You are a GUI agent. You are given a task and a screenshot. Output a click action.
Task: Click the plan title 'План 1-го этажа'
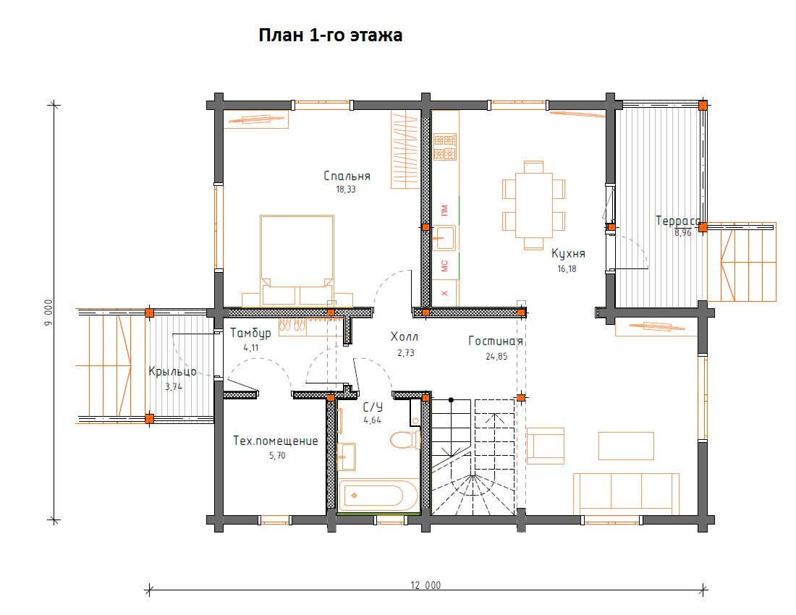click(331, 35)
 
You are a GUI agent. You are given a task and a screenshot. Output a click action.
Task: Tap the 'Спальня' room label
click(347, 176)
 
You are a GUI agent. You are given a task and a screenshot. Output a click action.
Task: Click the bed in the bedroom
click(297, 260)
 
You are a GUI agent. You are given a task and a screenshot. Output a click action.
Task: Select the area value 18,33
click(346, 190)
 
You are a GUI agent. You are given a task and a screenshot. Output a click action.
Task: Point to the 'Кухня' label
click(568, 254)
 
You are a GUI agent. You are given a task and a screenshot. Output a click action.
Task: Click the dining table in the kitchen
click(533, 205)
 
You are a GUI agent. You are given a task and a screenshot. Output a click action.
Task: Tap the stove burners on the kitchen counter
click(445, 147)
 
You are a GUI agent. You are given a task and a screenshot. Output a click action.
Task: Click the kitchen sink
click(444, 238)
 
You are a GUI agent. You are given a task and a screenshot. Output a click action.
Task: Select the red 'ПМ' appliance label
click(444, 210)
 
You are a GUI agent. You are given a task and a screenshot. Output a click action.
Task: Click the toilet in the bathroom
click(406, 439)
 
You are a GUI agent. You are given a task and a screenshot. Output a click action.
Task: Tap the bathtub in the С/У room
click(378, 495)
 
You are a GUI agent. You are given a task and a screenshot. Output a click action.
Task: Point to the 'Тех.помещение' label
click(276, 441)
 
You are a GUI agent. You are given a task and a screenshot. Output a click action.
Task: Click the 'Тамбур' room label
click(251, 333)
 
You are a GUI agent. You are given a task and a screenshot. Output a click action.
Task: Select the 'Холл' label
click(405, 336)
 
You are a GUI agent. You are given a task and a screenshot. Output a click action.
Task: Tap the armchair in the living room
click(546, 446)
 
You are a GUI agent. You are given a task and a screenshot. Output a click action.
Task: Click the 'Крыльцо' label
click(173, 371)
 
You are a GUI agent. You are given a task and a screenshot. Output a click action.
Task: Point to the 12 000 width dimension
click(426, 585)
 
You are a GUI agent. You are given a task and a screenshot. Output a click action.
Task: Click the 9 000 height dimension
click(48, 313)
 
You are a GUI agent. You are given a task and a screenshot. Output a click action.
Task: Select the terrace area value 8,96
click(683, 233)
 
